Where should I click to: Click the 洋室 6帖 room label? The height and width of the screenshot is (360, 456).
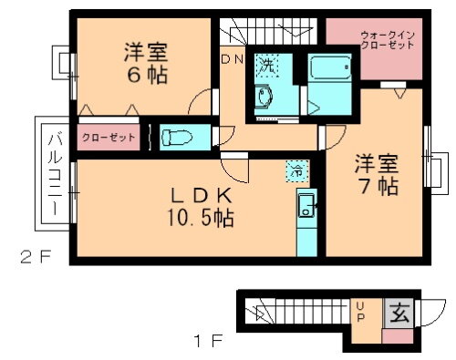click(x=146, y=63)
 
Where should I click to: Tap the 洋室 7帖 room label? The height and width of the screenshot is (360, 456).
click(x=376, y=175)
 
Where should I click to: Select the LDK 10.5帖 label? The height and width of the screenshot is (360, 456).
click(x=199, y=208)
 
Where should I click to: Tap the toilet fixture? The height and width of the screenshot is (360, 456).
click(x=179, y=138)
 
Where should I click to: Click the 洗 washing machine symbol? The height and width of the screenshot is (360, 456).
click(x=267, y=65)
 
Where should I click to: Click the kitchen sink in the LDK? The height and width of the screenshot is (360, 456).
click(x=305, y=207)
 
